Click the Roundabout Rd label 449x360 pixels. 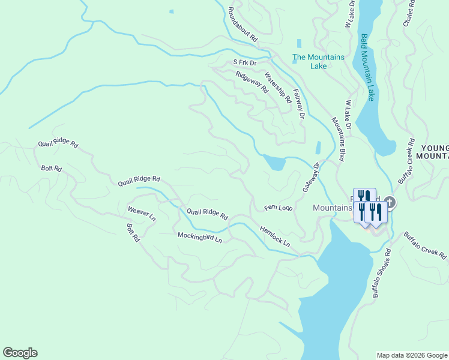243,24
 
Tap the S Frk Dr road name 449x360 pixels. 245,62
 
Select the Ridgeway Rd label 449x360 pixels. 252,82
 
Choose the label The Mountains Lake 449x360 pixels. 318,62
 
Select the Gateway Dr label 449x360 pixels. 312,178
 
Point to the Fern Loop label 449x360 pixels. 279,208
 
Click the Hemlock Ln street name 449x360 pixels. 275,236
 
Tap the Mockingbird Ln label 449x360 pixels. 200,238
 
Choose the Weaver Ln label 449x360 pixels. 142,214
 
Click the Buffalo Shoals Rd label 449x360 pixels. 381,274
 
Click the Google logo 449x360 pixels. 20,353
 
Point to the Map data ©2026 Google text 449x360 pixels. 411,355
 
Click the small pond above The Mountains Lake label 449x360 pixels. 299,43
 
